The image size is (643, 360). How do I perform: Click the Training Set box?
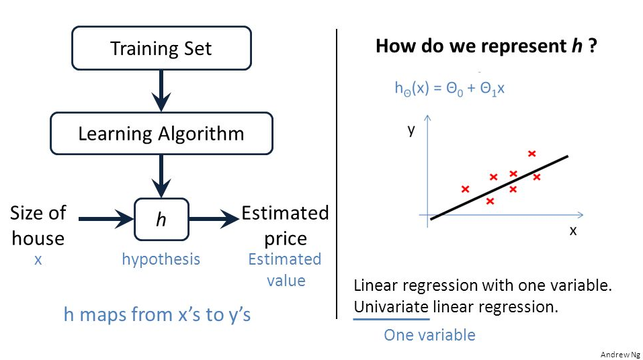coord(161,48)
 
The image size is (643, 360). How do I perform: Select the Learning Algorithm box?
coord(161,133)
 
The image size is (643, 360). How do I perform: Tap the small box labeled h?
coord(161,220)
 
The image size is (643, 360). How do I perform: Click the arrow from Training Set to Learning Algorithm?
coord(161,91)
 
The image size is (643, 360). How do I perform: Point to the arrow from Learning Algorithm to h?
coord(161,177)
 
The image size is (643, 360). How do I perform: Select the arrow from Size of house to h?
coord(106,219)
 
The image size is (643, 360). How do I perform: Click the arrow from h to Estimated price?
coord(214,219)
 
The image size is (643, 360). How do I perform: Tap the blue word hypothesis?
coord(161,259)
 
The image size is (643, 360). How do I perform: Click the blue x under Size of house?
coord(38,259)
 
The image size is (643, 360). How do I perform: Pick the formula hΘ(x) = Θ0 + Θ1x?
coord(449,88)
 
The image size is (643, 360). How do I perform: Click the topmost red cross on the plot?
coord(532,154)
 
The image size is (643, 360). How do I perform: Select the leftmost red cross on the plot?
coord(465,189)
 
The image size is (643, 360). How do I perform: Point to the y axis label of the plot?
coord(411,130)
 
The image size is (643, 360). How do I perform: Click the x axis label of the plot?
coord(573,231)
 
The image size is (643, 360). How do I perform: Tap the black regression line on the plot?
coord(499,187)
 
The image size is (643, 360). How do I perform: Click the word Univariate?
coord(391,307)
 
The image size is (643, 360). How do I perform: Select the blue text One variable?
coord(429,335)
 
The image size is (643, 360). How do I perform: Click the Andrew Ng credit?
coord(620,355)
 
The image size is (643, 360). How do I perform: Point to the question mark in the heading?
coord(592,46)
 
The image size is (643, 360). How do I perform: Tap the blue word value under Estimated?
coord(286,281)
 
